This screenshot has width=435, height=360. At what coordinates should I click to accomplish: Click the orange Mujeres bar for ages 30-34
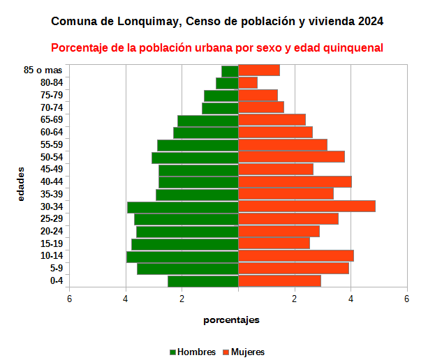pos(307,207)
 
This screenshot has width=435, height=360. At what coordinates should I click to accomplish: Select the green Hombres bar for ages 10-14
pos(182,256)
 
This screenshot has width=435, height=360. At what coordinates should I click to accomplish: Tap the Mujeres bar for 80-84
pos(248,83)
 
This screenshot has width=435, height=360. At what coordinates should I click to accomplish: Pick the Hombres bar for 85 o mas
pos(230,70)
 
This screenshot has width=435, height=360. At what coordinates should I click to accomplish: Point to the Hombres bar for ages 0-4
pos(203,281)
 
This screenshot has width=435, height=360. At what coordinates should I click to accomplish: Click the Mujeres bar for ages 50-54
pos(291,157)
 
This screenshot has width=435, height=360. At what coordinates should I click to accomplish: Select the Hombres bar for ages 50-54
pos(195,157)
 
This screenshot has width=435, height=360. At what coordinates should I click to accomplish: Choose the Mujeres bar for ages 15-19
pos(274,243)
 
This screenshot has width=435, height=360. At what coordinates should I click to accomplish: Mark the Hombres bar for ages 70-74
pos(220,108)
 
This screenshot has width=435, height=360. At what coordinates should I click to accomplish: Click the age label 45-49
pos(52,170)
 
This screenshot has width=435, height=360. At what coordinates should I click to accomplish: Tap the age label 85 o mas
pos(43,70)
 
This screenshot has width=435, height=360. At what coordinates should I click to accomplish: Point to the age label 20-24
pos(52,232)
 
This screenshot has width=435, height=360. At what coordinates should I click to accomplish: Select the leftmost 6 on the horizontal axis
pos(69,299)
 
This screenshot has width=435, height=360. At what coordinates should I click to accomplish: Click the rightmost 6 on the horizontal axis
pos(407,299)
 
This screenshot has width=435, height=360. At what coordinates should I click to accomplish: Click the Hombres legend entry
pos(193,352)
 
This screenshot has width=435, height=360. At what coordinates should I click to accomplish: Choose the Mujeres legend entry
pos(244,352)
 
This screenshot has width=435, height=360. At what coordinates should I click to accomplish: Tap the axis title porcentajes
pos(232,320)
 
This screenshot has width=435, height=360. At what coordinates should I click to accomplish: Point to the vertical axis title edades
pos(21,183)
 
